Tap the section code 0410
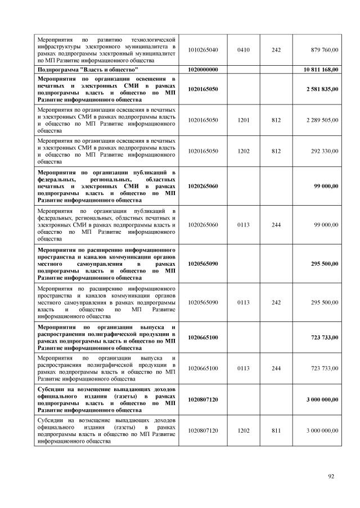244,50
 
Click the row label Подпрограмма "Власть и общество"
87,69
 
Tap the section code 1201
244,120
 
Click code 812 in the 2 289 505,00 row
276,120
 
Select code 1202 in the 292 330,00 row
244,151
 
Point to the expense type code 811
276,430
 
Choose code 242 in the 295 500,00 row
276,302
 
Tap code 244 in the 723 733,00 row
276,368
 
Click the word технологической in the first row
153,39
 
